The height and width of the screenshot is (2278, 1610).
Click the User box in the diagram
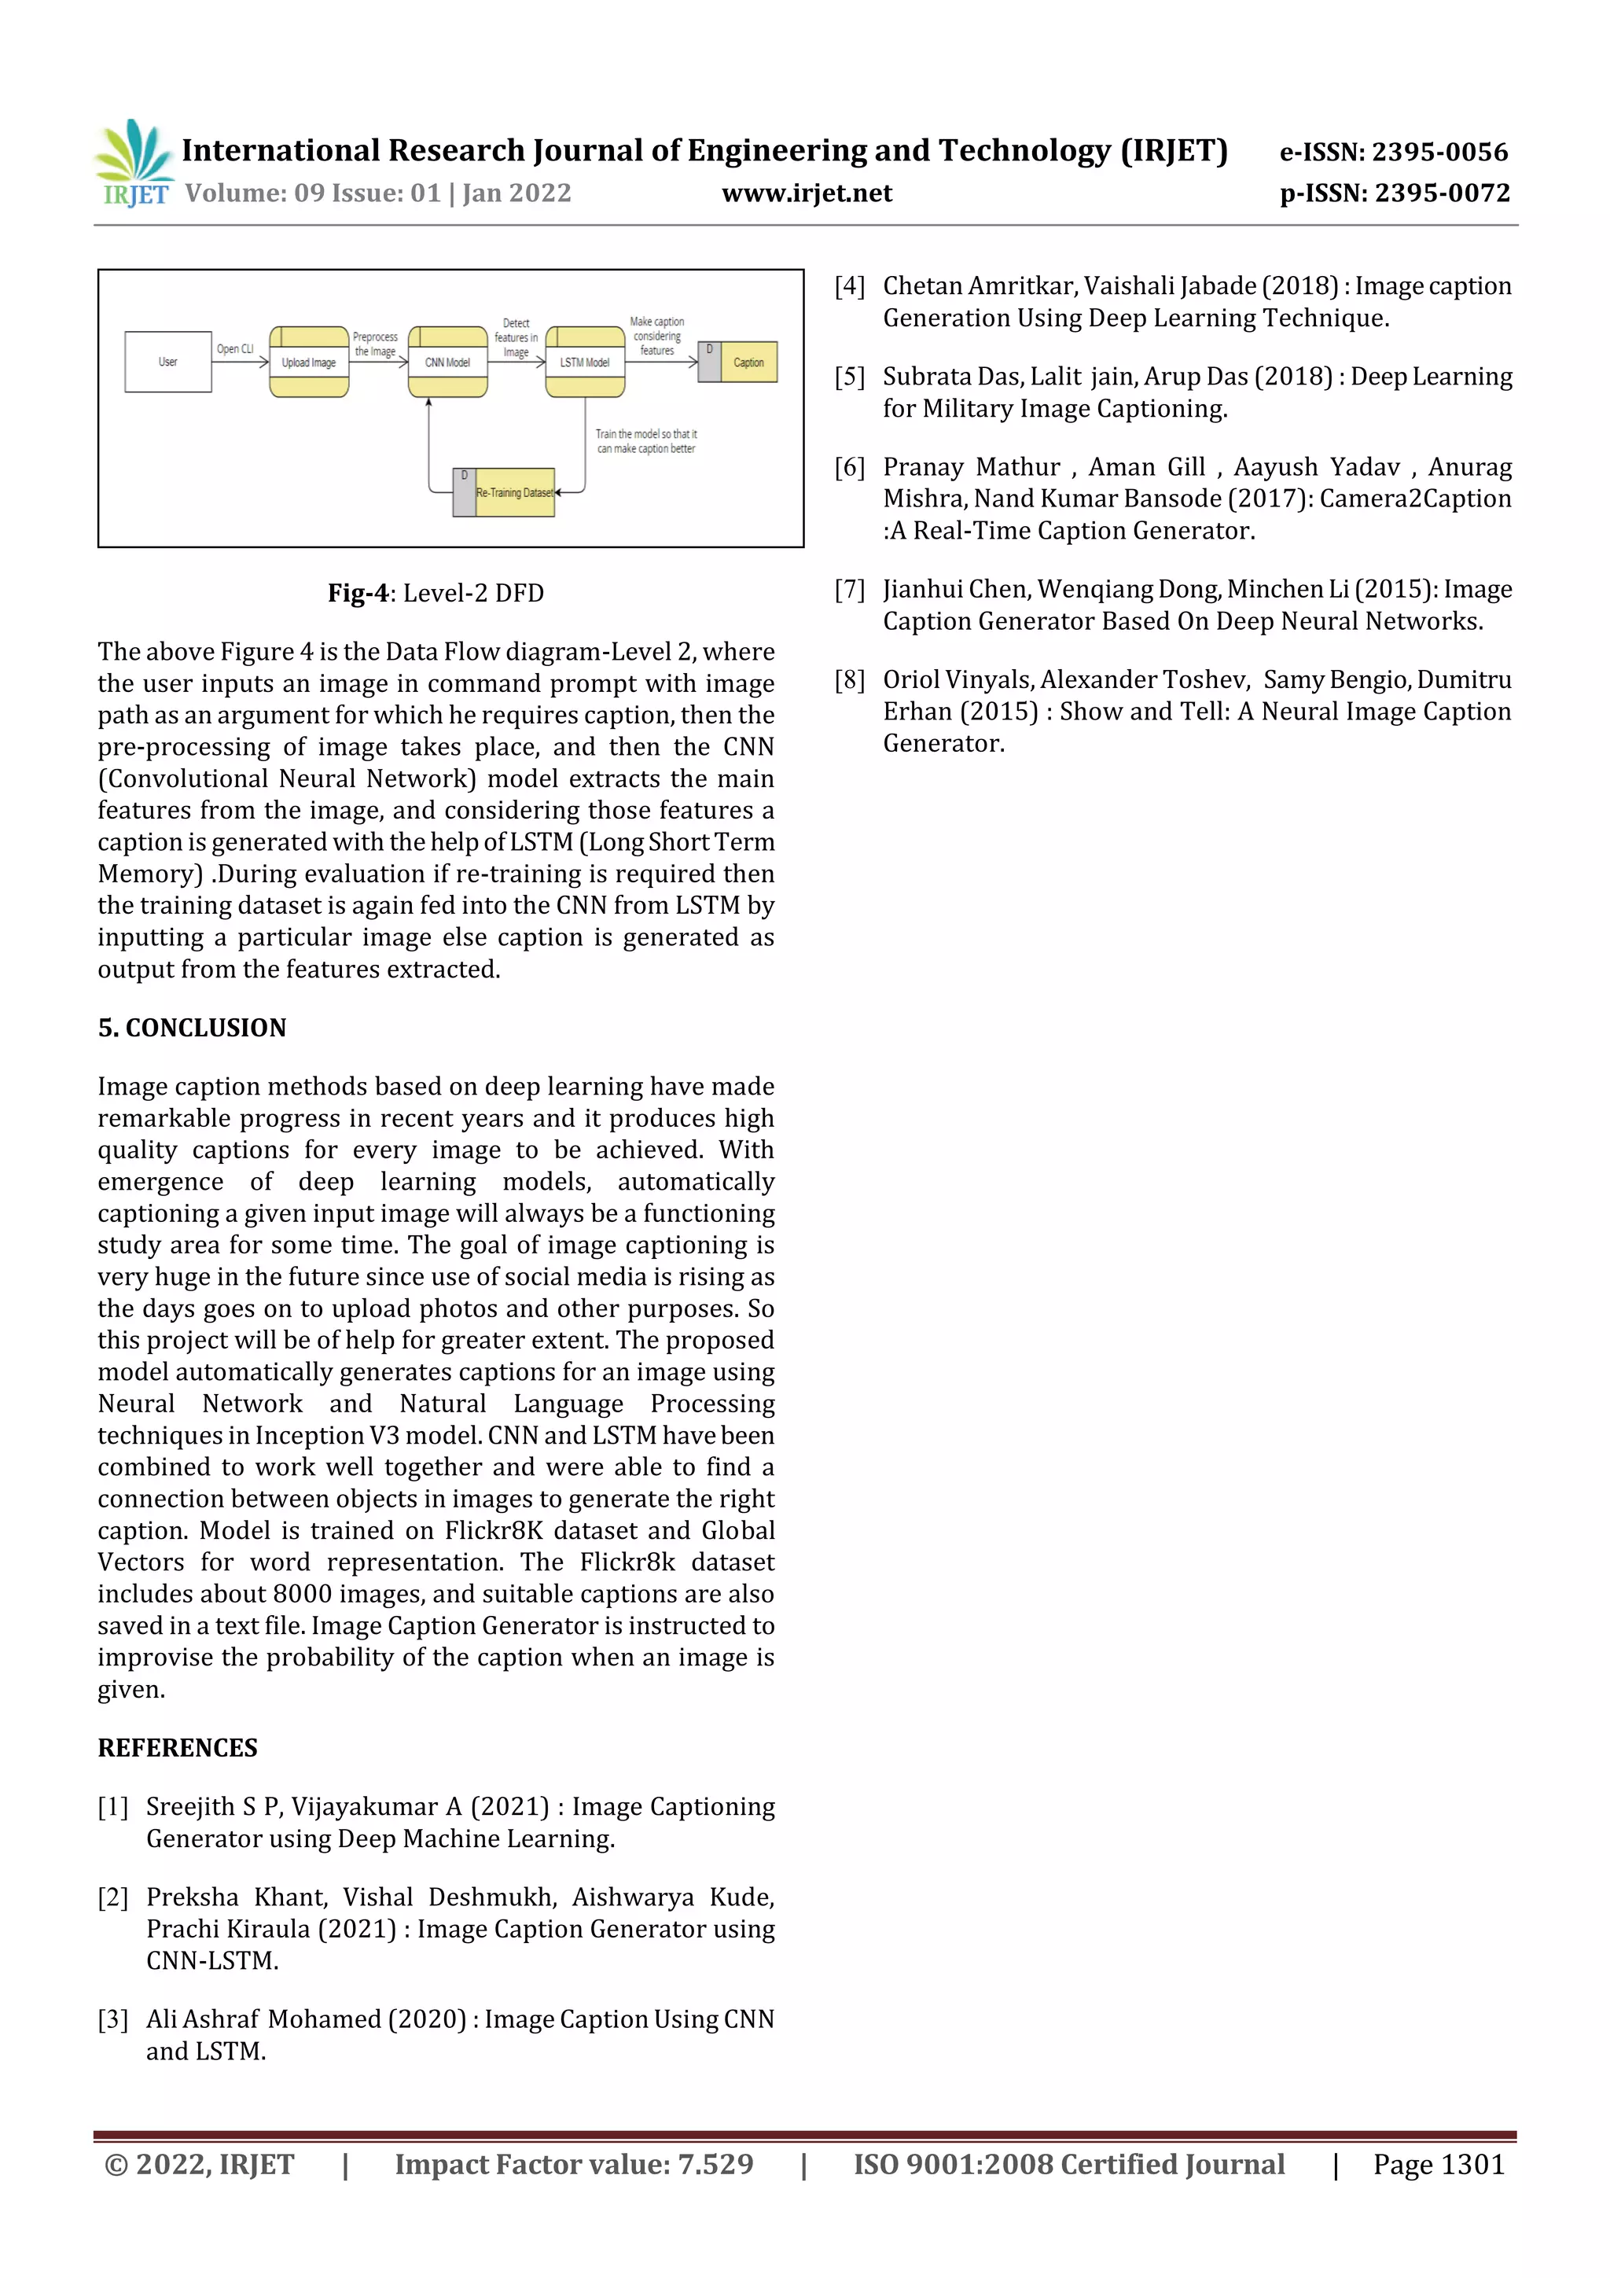pyautogui.click(x=167, y=362)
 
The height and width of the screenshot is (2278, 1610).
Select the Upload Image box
pyautogui.click(x=308, y=362)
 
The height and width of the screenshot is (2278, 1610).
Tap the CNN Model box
pyautogui.click(x=447, y=362)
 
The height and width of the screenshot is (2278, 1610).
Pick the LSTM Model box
pyautogui.click(x=584, y=362)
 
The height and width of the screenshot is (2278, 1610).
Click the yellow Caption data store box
pyautogui.click(x=748, y=362)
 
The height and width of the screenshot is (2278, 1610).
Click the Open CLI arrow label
pyautogui.click(x=235, y=349)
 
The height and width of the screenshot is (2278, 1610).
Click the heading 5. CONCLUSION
pyautogui.click(x=192, y=1028)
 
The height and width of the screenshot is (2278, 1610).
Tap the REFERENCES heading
pyautogui.click(x=178, y=1748)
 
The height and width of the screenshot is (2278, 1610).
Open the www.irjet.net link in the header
pyautogui.click(x=807, y=193)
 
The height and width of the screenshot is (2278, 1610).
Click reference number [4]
pyautogui.click(x=849, y=287)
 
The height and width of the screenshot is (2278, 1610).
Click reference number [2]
pyautogui.click(x=113, y=1898)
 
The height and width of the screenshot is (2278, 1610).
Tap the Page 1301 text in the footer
pyautogui.click(x=1439, y=2165)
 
